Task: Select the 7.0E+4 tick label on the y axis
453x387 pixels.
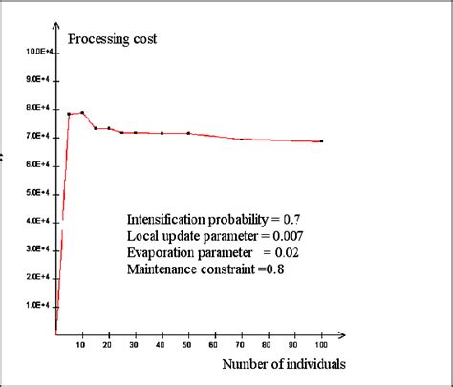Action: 37,137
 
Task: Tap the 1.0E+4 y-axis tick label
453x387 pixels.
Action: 37,306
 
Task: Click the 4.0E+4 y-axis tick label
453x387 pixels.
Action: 37,221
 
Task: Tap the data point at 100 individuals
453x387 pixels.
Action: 321,141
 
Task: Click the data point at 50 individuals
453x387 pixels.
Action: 188,133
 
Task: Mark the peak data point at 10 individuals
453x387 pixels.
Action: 82,112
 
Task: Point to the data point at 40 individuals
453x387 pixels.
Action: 162,133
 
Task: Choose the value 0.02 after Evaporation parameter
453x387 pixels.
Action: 289,253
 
